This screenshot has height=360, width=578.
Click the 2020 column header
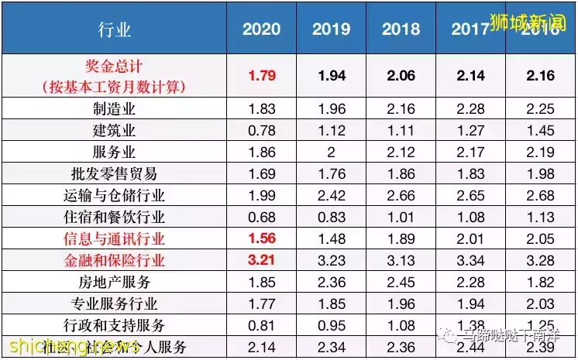262,29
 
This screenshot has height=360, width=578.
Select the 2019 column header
332,29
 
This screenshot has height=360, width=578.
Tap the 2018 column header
401,29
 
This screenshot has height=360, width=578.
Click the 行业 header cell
115,30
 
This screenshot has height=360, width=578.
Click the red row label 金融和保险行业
115,259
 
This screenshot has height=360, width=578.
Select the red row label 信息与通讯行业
115,238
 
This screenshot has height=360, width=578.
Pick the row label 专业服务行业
115,303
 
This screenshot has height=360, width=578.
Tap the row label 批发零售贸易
115,173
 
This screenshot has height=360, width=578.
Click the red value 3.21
262,259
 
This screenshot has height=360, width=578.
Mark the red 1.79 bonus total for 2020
262,76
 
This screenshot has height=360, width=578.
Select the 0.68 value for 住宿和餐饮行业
262,217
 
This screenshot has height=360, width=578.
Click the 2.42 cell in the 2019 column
332,195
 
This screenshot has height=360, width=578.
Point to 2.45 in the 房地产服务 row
401,281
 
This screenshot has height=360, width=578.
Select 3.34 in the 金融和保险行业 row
470,259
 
